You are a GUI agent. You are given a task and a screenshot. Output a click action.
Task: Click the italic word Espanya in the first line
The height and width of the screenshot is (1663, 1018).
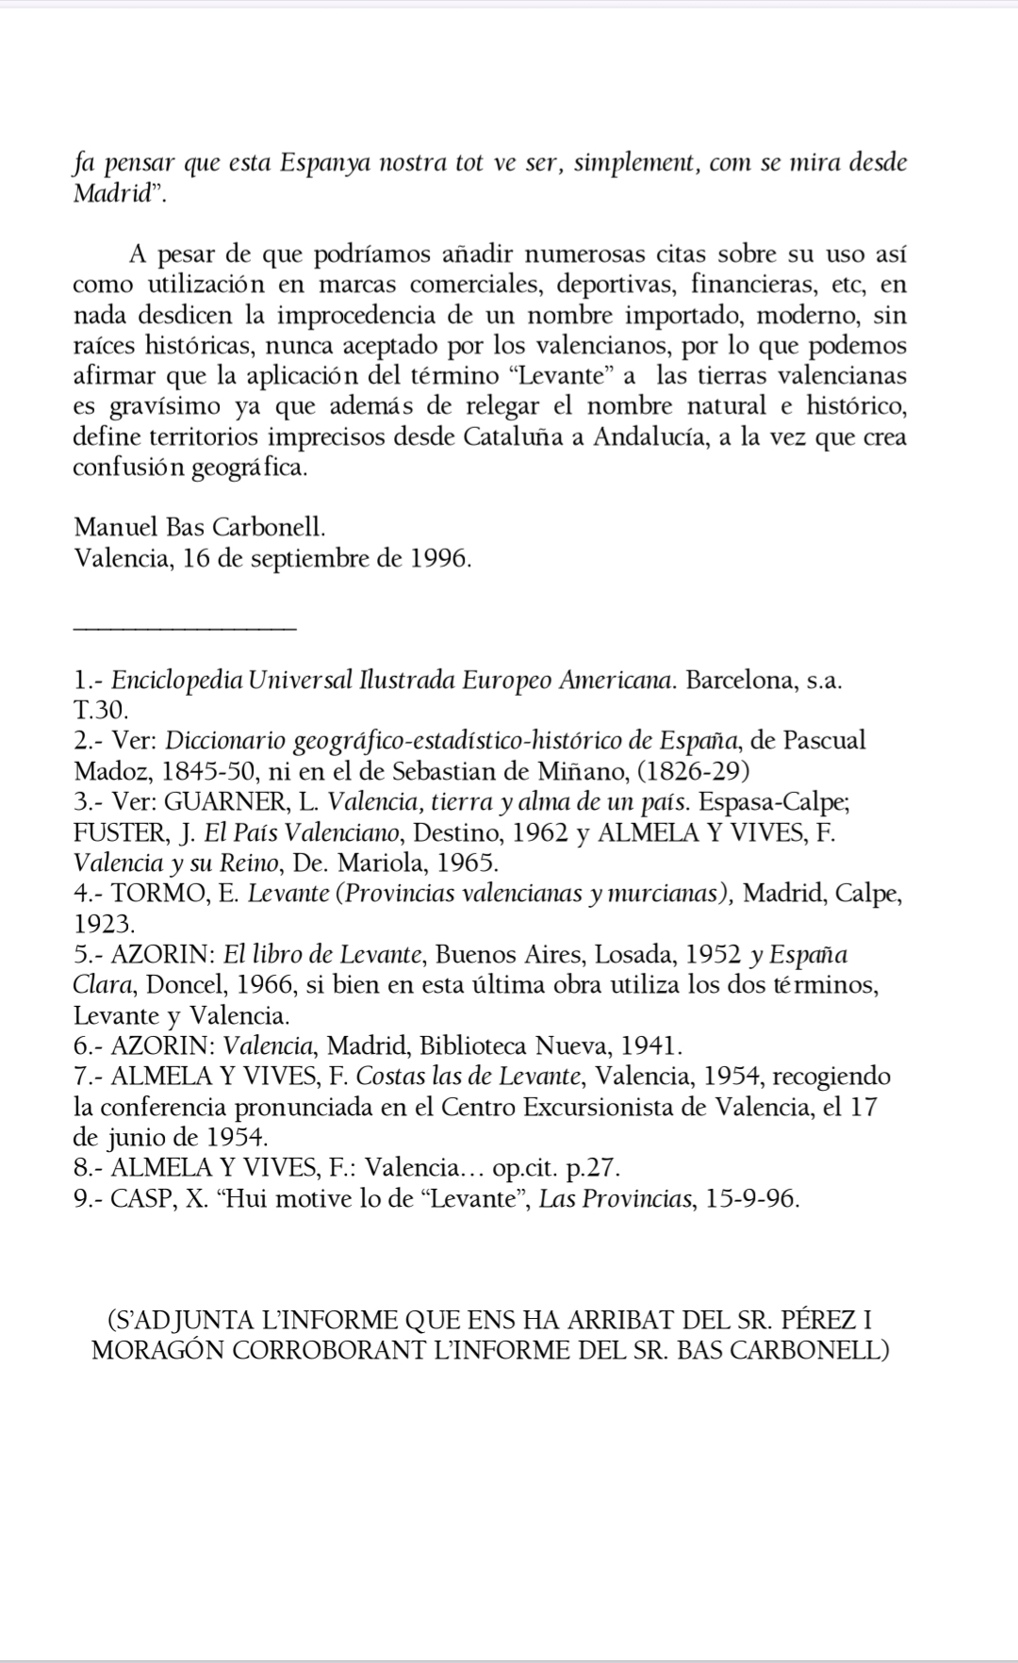[323, 163]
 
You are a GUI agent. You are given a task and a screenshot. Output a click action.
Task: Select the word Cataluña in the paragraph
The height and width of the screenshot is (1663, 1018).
[513, 437]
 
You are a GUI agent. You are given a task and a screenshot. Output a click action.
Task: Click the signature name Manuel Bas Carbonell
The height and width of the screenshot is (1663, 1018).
[200, 528]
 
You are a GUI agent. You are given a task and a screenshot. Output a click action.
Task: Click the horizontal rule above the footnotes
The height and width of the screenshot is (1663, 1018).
[185, 626]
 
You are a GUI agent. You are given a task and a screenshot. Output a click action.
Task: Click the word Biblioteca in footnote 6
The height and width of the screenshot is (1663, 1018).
[472, 1046]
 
